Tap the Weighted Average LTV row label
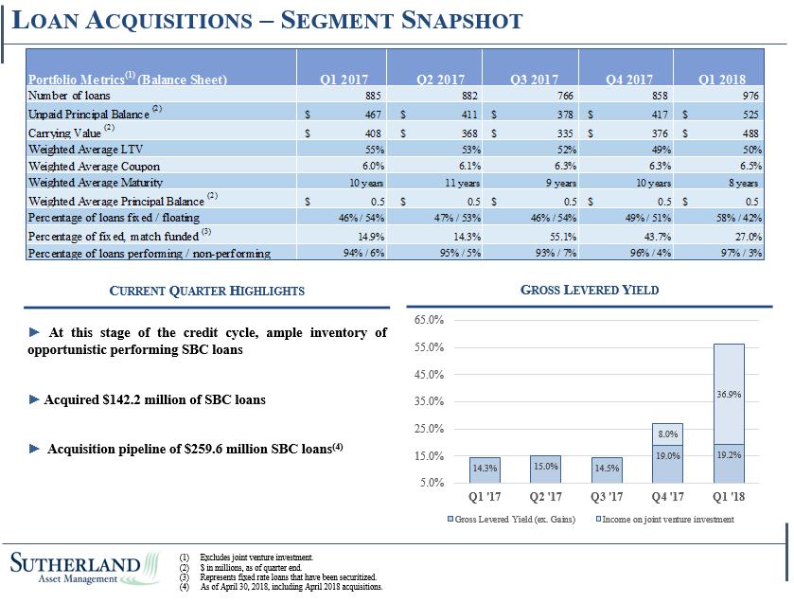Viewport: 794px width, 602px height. [x=84, y=149]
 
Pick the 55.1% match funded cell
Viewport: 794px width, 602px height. [x=556, y=236]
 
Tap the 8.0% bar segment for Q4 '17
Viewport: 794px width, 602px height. [x=668, y=434]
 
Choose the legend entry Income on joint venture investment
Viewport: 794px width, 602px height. [x=668, y=520]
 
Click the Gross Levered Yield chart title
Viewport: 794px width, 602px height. [x=590, y=290]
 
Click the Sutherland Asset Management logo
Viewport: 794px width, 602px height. [x=85, y=569]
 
